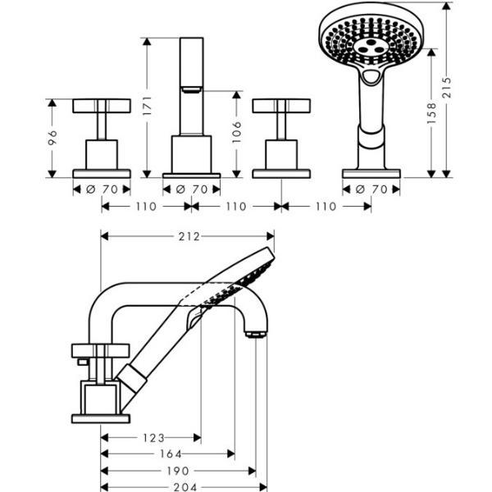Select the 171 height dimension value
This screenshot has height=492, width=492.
click(148, 106)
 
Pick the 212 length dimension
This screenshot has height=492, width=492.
click(188, 237)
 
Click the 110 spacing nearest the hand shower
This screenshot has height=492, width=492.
click(326, 207)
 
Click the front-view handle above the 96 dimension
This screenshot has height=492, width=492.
click(102, 106)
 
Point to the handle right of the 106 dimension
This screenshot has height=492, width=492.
click(281, 106)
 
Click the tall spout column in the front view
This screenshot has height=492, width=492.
click(192, 82)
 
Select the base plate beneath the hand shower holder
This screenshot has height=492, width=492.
click(371, 173)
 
